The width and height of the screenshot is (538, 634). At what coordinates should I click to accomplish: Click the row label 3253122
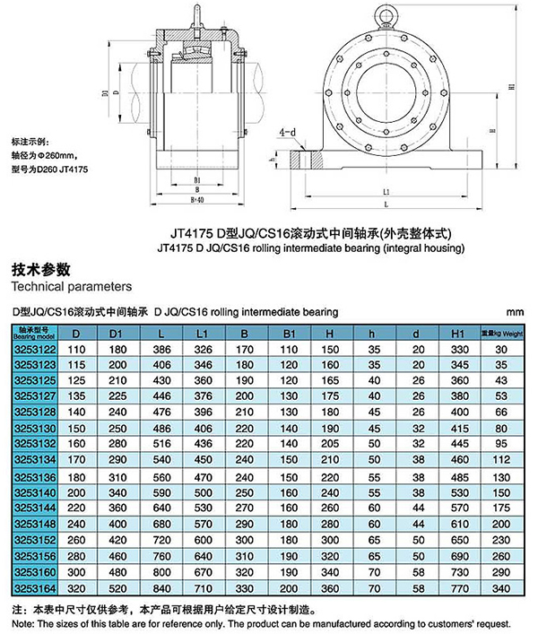click(x=35, y=347)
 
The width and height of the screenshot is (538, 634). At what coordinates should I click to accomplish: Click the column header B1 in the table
click(x=287, y=334)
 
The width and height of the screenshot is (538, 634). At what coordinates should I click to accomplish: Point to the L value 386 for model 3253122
click(x=161, y=347)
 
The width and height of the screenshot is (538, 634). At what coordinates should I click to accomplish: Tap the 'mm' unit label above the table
click(x=514, y=312)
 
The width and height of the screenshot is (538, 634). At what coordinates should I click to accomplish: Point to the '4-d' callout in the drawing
click(x=288, y=131)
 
